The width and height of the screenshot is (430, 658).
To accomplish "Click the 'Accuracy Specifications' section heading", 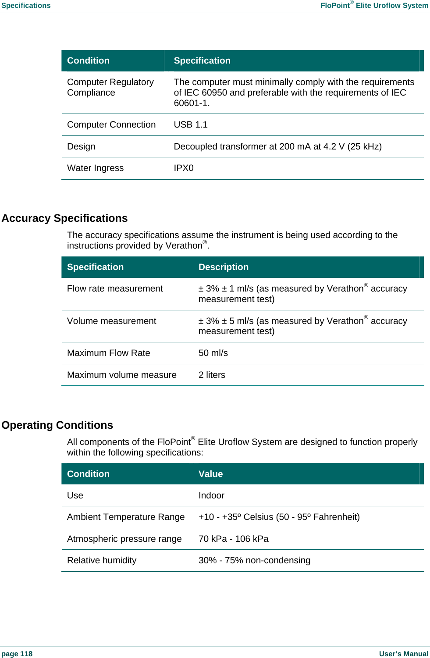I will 64,218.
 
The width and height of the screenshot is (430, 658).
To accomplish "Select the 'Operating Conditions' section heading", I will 57,425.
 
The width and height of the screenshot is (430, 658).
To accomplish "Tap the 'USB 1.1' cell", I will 191,125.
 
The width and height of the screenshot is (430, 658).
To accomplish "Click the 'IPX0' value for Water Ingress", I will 184,168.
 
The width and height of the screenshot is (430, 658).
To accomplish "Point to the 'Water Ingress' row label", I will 95,168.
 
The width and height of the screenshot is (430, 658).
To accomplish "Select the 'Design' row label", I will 81,147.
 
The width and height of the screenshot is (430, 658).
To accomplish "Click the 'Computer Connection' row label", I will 111,125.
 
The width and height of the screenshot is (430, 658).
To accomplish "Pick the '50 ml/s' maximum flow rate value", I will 213,353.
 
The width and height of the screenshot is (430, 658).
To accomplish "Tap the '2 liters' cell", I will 212,375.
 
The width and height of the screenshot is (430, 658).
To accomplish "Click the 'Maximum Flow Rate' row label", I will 108,353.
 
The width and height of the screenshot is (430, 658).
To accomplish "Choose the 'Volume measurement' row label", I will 111,321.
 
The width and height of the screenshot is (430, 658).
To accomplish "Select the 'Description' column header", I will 223,267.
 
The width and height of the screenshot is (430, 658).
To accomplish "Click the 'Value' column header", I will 210,474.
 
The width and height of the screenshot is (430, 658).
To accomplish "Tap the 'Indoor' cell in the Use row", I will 211,496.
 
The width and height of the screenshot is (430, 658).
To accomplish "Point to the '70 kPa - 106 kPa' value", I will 233,539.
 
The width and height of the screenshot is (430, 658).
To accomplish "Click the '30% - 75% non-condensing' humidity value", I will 254,561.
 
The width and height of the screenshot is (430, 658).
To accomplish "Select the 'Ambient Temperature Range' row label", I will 126,517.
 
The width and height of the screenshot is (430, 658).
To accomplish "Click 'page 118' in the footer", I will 17,654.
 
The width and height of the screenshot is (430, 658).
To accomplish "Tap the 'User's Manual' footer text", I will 403,654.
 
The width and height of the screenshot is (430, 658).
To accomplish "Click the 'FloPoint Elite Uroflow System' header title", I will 374,6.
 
